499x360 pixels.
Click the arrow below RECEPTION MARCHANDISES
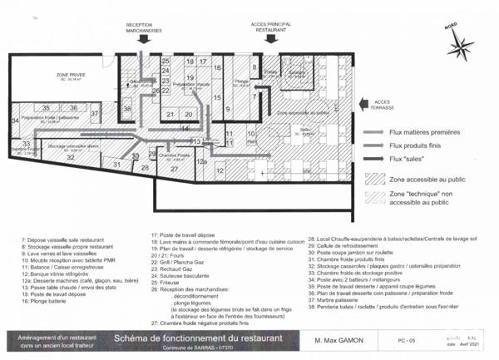144,37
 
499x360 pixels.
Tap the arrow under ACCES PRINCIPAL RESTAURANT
269,37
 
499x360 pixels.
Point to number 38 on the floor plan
127,109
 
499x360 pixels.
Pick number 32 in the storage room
71,156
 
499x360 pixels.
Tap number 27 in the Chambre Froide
175,168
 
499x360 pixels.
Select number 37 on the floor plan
95,113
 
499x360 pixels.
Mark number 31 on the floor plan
117,164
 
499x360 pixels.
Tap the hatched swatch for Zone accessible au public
375,177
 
